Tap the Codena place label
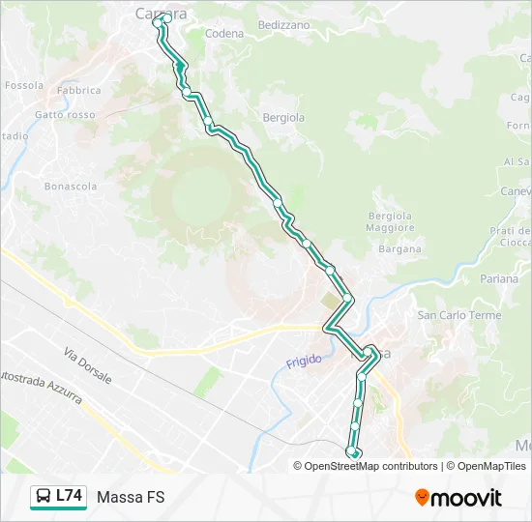tap(225, 34)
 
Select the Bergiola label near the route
tap(283, 118)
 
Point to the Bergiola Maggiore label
tap(390, 221)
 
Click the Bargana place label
tap(400, 248)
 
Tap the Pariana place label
tap(500, 279)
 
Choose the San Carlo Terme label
tap(458, 315)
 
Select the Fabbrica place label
tap(78, 91)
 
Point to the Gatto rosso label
tap(65, 115)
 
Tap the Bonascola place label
tap(71, 186)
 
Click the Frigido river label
tap(303, 362)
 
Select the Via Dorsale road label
tap(88, 365)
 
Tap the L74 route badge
tap(69, 496)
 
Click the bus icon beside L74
tap(44, 497)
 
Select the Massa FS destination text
tap(131, 497)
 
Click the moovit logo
tap(458, 497)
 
